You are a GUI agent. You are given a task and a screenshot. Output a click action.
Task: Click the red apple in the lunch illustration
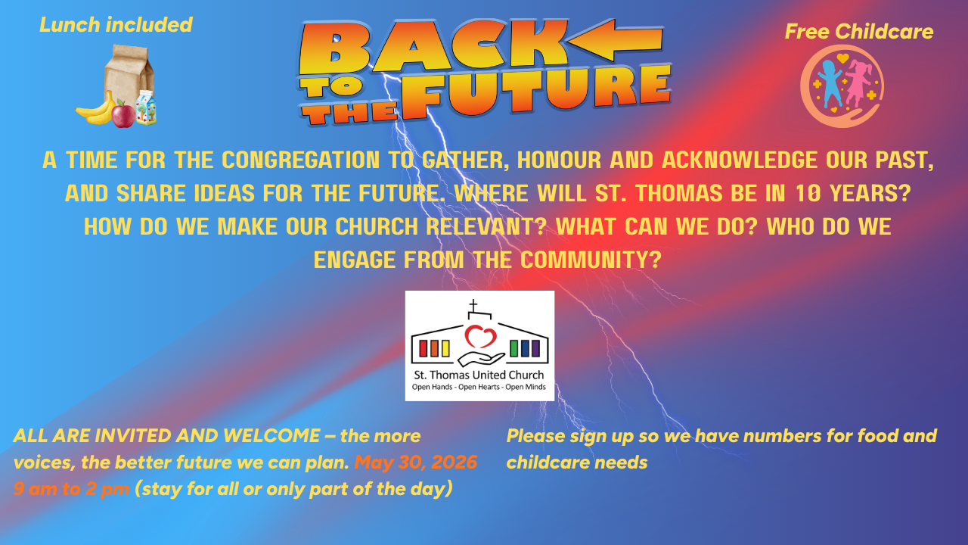tap(123, 114)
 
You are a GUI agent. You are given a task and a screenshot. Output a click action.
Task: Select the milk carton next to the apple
tap(146, 108)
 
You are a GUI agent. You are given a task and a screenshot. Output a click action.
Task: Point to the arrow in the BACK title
tap(615, 40)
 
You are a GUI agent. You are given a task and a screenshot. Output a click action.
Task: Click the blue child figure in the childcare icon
tap(829, 84)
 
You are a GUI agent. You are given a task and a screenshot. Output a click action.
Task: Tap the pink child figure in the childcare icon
tap(858, 83)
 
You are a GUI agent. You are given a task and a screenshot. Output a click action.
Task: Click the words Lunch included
tap(116, 25)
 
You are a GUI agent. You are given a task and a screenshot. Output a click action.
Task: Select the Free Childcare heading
tap(858, 32)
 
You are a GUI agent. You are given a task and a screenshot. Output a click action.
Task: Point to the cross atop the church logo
tap(473, 305)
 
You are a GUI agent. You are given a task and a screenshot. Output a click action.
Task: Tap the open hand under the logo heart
tap(481, 359)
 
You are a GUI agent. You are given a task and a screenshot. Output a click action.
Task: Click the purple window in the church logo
tap(535, 348)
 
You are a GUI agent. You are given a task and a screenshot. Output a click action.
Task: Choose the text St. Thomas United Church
tap(479, 375)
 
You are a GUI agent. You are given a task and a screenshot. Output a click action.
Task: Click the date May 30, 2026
tap(416, 462)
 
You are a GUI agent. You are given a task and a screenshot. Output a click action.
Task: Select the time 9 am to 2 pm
tap(71, 489)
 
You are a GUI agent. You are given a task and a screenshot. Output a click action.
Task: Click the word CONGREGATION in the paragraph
tap(300, 160)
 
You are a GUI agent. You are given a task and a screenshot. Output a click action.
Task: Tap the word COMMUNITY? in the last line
tap(591, 260)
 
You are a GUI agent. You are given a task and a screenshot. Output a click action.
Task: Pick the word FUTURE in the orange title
tap(536, 92)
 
